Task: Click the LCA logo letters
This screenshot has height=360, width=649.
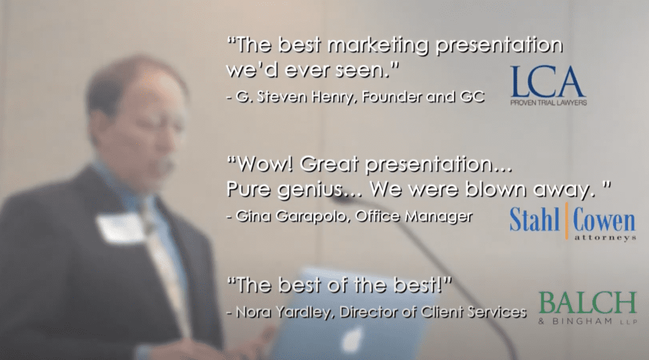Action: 548,82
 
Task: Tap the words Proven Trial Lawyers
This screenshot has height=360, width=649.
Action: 548,103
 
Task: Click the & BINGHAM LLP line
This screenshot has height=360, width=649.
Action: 588,321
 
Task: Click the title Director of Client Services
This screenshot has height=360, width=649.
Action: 433,312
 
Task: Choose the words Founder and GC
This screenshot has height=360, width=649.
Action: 423,97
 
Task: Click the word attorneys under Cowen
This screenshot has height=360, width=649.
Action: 605,238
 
